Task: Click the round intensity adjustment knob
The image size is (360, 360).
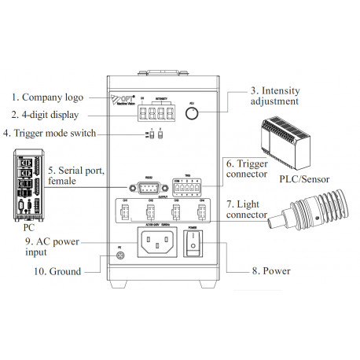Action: tap(191, 114)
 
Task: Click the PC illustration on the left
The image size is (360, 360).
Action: tap(24, 186)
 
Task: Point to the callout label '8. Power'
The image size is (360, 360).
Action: tap(271, 271)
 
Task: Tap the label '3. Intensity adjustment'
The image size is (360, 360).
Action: tap(274, 95)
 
